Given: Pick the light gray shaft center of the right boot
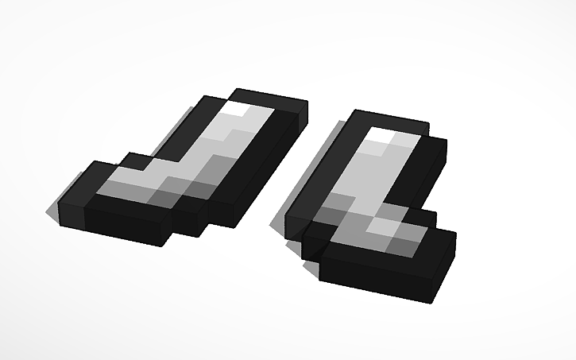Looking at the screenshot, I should click(365, 171).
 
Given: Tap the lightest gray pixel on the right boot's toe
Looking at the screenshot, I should click(385, 226).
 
